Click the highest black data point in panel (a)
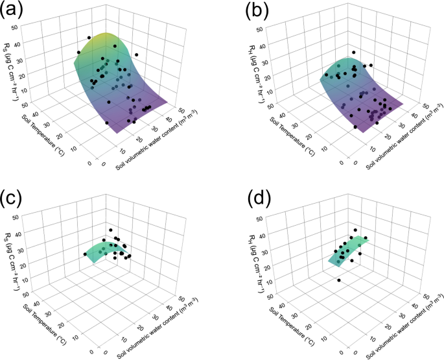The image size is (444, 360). [x=89, y=37]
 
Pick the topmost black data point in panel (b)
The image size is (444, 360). [x=353, y=53]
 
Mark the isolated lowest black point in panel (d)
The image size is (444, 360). [x=339, y=280]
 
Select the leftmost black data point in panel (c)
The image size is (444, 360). [x=85, y=254]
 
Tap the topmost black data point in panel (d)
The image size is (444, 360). [x=355, y=230]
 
